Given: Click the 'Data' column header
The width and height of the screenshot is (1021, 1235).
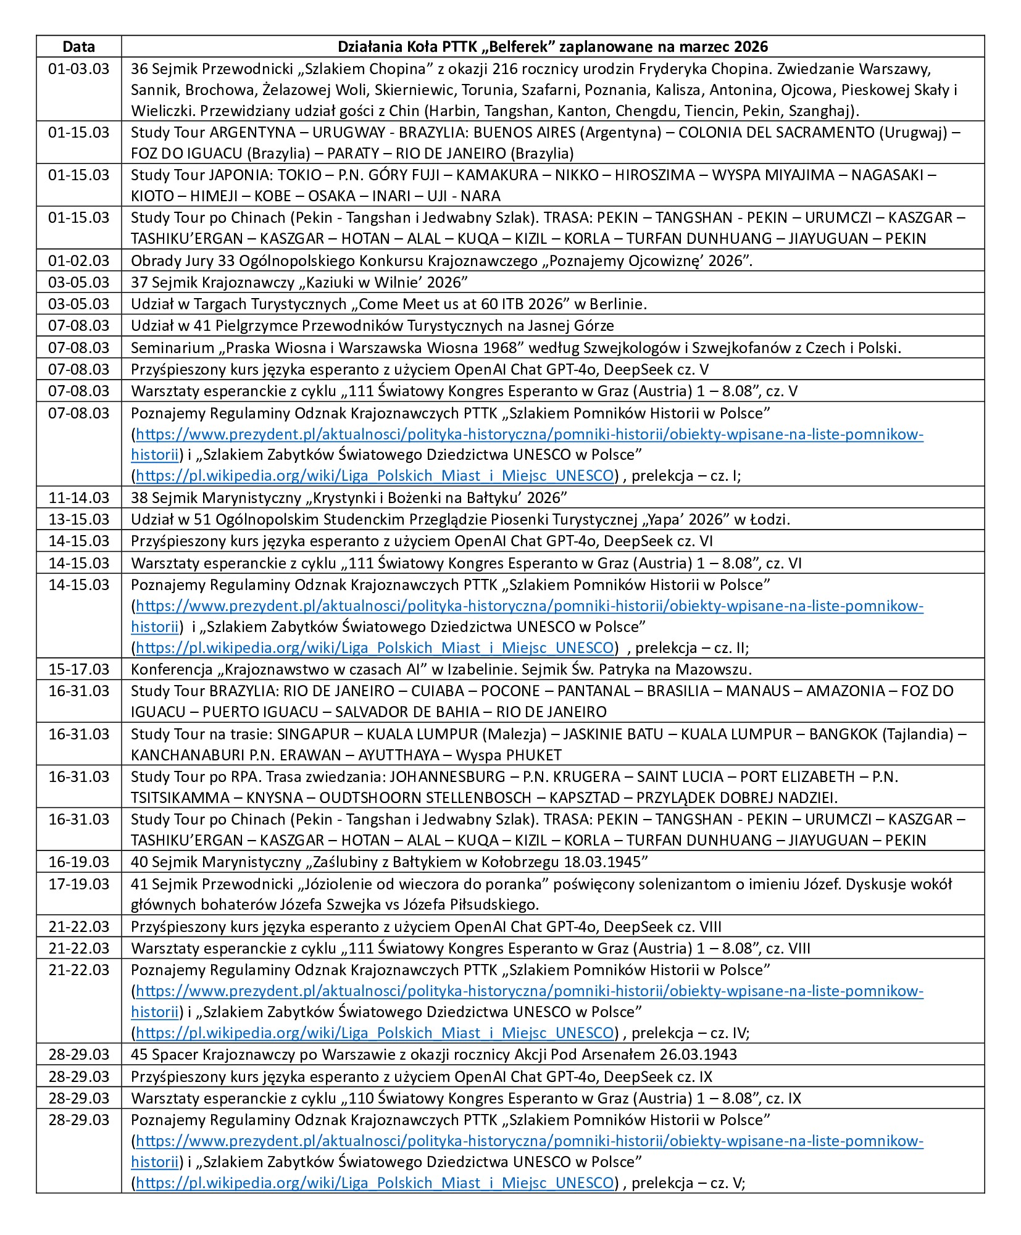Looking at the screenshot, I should click(x=78, y=47).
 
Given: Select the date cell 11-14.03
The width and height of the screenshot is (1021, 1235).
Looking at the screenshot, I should click(x=78, y=497).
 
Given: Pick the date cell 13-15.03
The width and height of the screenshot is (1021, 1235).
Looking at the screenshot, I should click(x=78, y=519).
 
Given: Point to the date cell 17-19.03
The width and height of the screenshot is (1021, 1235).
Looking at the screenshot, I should click(x=78, y=884).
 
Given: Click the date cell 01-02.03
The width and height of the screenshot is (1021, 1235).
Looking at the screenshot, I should click(x=78, y=260).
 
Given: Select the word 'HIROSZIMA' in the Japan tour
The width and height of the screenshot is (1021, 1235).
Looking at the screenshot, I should click(x=655, y=175).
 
